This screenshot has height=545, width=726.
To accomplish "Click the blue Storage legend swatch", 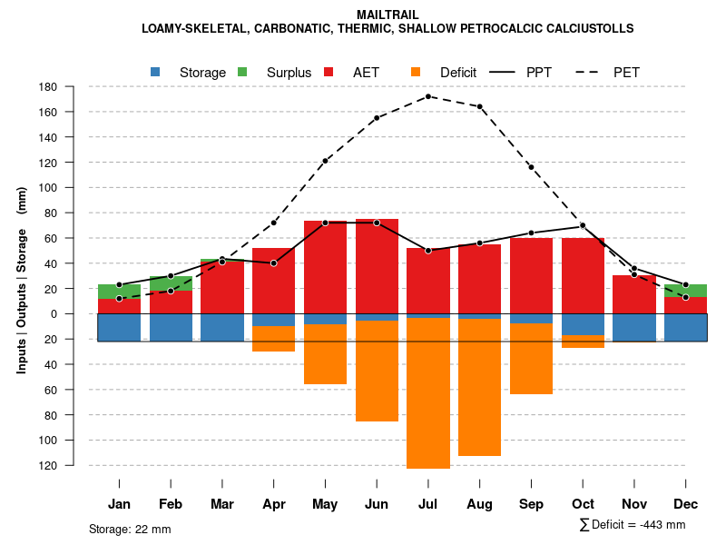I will (x=156, y=72).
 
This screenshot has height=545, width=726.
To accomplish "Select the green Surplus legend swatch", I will (x=242, y=72).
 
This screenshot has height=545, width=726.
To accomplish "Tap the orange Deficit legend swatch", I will (x=416, y=72).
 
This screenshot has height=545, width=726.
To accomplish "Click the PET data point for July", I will (x=428, y=96).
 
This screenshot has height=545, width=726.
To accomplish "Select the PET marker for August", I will (x=480, y=106).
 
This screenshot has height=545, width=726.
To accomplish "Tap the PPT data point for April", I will (x=274, y=263).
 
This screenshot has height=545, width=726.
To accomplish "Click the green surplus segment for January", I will (x=119, y=292).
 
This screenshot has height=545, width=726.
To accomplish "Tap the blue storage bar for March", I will (x=222, y=327).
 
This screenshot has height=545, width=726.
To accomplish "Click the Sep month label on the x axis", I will (x=532, y=504).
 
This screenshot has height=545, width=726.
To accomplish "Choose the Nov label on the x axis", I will (x=634, y=504).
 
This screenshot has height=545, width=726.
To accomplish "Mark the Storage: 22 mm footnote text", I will (x=130, y=529).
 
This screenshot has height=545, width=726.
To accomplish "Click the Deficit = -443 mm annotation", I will (x=633, y=525).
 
